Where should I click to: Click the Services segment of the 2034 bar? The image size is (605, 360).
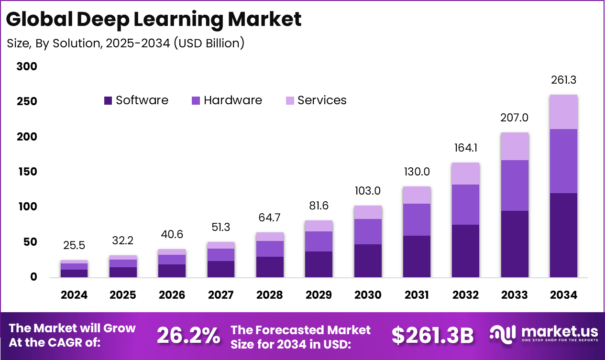(563, 112)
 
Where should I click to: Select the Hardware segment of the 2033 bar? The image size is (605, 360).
(515, 185)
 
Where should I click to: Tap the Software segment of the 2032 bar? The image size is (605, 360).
(466, 251)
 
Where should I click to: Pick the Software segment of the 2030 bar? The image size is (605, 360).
(368, 261)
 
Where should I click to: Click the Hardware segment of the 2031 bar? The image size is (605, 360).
(417, 219)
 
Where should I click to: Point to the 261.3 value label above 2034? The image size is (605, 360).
(563, 80)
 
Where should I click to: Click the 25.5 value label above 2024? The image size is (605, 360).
(74, 245)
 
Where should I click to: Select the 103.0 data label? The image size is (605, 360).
(368, 191)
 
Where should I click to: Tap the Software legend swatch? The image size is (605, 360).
(108, 100)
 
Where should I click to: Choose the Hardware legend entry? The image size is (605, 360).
(227, 100)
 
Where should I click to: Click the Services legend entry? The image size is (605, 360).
(316, 100)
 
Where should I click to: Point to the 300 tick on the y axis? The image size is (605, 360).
(27, 67)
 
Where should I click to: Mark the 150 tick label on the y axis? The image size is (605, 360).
(27, 172)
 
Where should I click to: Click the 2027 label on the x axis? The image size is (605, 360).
(221, 295)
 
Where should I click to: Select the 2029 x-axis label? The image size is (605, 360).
(319, 295)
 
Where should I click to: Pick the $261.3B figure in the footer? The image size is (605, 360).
(432, 336)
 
